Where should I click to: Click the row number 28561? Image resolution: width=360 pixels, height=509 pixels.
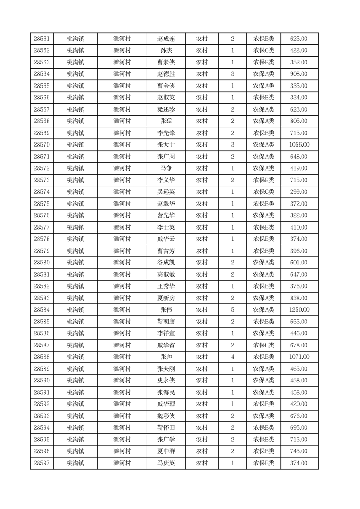click(42, 39)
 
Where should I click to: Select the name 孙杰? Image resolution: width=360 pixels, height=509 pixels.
click(166, 51)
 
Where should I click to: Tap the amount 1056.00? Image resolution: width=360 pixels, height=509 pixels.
click(299, 145)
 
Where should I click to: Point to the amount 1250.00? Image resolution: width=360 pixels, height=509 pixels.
click(299, 310)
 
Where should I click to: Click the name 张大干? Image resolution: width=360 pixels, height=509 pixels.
click(166, 145)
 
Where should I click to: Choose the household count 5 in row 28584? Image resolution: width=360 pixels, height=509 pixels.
click(233, 310)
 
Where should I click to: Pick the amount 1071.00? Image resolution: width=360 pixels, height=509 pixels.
click(299, 357)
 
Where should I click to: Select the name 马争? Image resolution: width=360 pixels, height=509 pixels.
click(166, 168)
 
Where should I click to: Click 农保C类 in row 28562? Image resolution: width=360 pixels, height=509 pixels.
click(263, 51)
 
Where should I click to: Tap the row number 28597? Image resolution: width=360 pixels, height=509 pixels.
click(42, 463)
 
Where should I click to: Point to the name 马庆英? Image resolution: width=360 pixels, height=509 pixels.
click(166, 463)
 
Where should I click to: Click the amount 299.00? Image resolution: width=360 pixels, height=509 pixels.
click(299, 192)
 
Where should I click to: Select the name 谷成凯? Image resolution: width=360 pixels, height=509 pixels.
click(166, 263)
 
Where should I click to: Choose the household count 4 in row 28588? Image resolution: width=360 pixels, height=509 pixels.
click(233, 357)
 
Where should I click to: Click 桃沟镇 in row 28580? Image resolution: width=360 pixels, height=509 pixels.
click(75, 263)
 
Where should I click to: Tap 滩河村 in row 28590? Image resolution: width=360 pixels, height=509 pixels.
click(122, 381)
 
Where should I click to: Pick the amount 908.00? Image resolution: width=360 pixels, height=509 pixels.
click(299, 74)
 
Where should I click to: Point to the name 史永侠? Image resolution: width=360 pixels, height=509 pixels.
click(166, 381)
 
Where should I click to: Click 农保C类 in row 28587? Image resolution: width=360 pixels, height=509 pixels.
click(263, 345)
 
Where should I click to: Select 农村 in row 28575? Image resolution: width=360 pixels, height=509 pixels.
click(202, 204)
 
